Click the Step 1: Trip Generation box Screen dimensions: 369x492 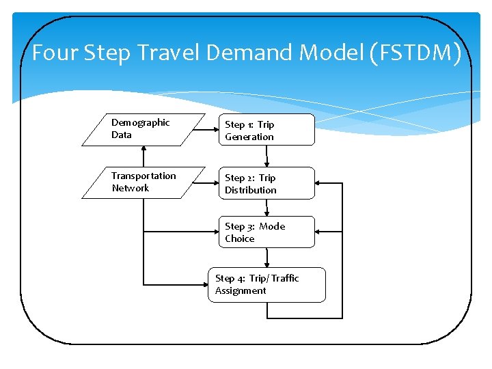(266, 130)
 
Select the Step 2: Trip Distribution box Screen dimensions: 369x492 (266, 183)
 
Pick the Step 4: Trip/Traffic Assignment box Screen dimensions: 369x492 (266, 284)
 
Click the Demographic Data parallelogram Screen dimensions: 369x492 (143, 129)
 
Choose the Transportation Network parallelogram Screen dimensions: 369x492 (143, 182)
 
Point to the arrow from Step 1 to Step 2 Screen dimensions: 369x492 (266, 156)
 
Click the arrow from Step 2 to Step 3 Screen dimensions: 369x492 (266, 208)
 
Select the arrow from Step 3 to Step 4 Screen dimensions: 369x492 (266, 258)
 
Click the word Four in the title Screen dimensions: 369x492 (55, 53)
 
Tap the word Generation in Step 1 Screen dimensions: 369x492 (249, 137)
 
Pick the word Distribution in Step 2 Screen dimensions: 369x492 (251, 190)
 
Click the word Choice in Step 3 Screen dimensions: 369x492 (240, 238)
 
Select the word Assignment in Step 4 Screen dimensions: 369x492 (241, 290)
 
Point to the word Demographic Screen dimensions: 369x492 (141, 122)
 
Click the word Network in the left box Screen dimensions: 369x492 (131, 188)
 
